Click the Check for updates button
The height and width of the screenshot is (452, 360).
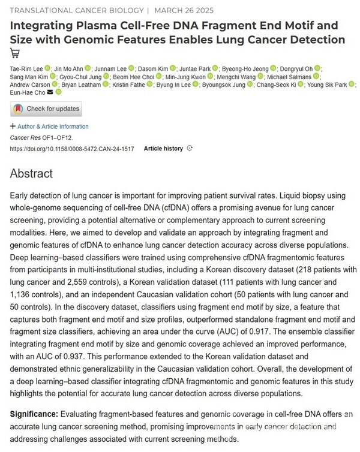pos(46,109)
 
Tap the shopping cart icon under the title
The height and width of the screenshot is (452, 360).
pos(15,53)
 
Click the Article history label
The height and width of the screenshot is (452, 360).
pos(163,148)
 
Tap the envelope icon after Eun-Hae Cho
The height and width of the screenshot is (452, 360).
pos(51,92)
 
